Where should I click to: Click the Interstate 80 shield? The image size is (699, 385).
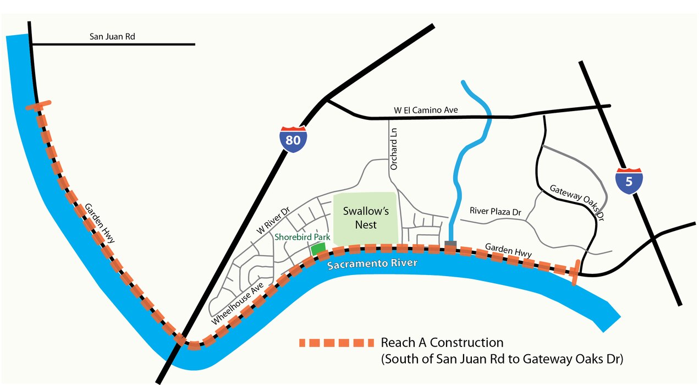click(293, 139)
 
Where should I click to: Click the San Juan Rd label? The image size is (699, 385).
click(112, 37)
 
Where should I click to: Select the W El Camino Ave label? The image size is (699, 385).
click(426, 110)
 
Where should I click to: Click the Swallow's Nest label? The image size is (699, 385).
click(360, 217)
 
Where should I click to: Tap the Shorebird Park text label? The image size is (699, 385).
click(302, 237)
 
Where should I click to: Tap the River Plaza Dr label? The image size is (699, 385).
click(495, 211)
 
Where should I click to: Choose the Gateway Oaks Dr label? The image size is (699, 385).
click(577, 202)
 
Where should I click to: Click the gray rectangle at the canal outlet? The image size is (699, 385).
click(450, 244)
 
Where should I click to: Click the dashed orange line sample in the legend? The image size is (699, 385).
click(336, 343)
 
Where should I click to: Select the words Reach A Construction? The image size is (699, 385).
click(442, 343)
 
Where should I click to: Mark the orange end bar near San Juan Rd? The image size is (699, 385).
click(38, 105)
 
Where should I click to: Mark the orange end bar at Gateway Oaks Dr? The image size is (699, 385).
click(575, 272)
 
